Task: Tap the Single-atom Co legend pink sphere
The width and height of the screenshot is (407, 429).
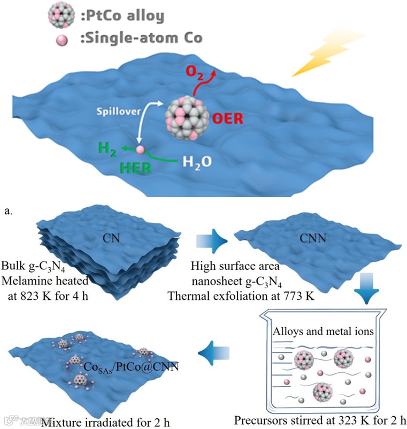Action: tap(63, 39)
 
